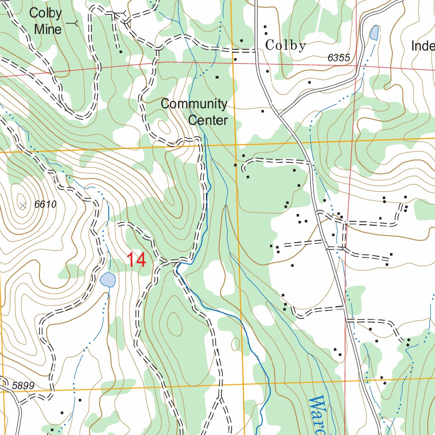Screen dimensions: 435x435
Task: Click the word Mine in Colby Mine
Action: (48, 29)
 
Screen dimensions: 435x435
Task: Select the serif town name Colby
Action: (285, 45)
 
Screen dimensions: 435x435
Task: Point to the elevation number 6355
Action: (339, 58)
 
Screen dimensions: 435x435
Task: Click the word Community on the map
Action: (194, 104)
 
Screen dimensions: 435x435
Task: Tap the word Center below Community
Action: (208, 120)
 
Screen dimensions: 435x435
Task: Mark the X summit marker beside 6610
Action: (23, 205)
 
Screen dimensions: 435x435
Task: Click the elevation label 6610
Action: (45, 204)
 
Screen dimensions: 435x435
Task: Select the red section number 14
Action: (137, 260)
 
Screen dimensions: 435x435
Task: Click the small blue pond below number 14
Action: (107, 280)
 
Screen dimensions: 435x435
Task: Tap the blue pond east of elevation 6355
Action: (374, 33)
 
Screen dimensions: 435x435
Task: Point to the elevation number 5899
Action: (23, 386)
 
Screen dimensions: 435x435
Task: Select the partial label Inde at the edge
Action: (423, 46)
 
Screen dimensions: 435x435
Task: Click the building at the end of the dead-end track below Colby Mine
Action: (121, 52)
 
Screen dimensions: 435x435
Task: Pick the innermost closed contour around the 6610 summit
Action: (20, 200)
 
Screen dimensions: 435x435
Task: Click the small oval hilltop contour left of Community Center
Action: (163, 127)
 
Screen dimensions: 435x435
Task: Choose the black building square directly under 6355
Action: (309, 82)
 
